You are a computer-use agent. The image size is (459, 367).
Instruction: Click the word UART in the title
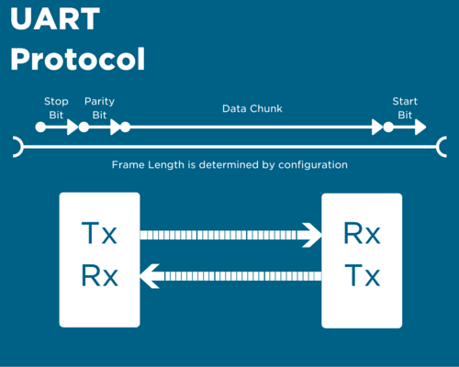55,19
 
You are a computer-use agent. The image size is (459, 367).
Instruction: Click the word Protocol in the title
78,59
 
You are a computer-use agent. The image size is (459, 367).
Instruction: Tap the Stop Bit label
56,108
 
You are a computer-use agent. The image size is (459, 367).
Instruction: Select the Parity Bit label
99,108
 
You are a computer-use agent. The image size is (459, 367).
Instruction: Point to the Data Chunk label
252,108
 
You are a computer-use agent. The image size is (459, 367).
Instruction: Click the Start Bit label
405,108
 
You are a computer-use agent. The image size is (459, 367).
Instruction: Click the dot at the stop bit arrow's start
40,127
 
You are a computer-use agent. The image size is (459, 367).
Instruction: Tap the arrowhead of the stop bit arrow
73,127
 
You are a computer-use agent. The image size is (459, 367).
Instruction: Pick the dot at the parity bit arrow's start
84,127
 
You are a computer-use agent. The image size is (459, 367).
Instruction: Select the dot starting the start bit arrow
388,127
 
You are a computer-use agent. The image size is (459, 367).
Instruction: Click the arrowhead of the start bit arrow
420,127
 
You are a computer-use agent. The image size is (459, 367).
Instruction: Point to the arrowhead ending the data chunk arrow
377,127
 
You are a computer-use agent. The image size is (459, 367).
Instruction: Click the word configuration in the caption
313,165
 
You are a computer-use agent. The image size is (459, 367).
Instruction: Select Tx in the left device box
99,233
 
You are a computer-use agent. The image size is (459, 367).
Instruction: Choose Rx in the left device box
100,275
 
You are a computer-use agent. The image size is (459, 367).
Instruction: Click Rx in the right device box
362,233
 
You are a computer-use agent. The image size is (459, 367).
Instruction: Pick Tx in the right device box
363,275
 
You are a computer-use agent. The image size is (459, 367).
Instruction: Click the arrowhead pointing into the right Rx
312,235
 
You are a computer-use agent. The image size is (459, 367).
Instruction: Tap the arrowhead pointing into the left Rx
150,276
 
